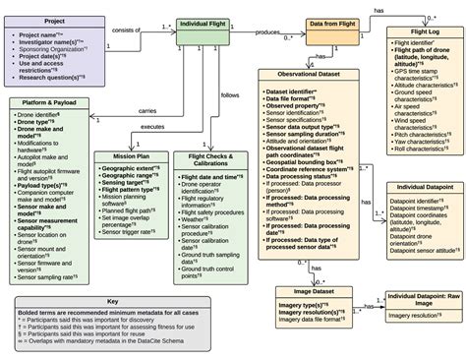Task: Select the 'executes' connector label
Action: pos(151,127)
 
